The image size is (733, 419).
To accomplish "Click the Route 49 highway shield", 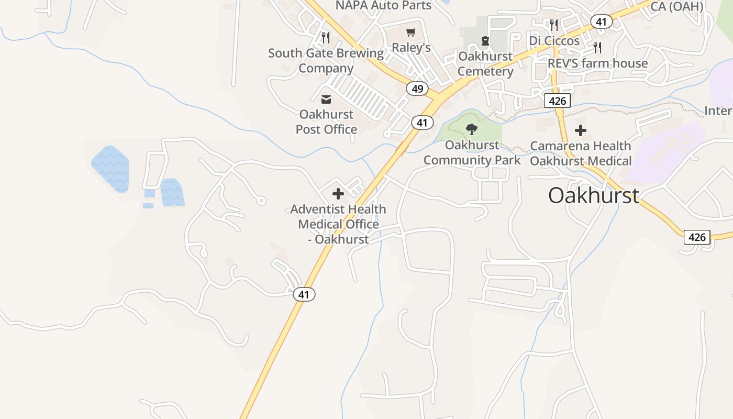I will tap(417, 89).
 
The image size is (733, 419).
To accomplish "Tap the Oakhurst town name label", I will tap(593, 195).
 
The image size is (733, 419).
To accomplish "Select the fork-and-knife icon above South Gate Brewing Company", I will tap(326, 37).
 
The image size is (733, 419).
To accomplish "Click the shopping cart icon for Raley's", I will tap(411, 32).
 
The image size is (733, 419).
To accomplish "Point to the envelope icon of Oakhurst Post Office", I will tap(326, 99).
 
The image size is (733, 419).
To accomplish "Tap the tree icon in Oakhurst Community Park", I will tap(472, 129).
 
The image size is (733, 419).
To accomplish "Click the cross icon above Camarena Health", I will tap(581, 130).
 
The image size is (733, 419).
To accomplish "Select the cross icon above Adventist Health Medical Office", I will tap(338, 194).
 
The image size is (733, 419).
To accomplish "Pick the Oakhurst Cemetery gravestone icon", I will tap(485, 40).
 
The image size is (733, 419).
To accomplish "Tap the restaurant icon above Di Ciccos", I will tap(553, 25).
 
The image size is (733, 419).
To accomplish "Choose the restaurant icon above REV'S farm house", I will tap(597, 48).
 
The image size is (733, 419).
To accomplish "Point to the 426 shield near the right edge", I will tap(697, 237).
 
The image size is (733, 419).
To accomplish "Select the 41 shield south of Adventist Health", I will tap(304, 294).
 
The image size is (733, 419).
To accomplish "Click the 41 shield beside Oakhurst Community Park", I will tap(422, 123).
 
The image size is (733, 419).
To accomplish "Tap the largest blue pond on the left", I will tap(110, 168).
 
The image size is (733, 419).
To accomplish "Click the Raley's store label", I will tap(412, 48).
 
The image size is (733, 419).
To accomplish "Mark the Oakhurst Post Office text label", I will tap(326, 122).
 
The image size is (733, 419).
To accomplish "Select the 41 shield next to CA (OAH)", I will tap(601, 21).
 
